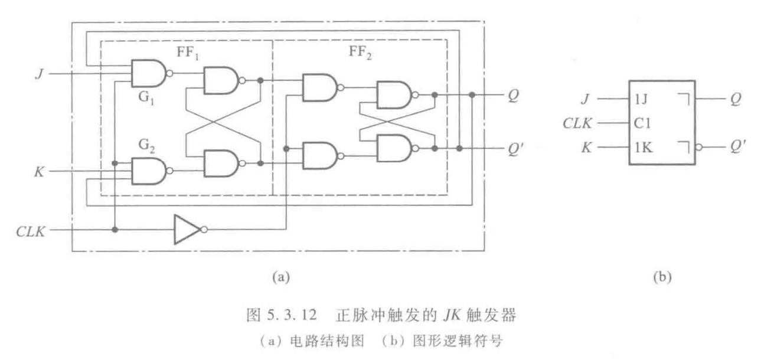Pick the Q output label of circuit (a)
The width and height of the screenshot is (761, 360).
click(512, 95)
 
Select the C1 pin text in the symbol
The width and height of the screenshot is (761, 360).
click(642, 124)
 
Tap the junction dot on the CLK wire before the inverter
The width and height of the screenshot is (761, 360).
click(116, 229)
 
